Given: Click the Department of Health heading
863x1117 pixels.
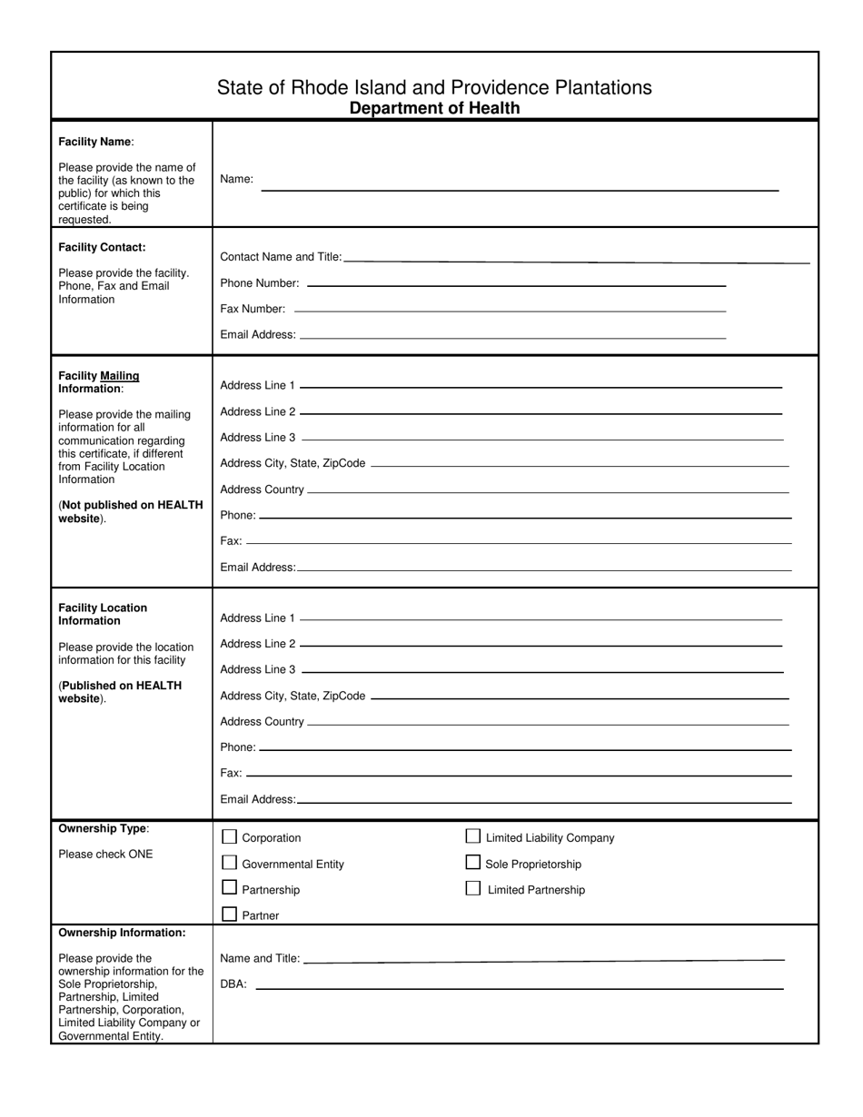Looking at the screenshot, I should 434,108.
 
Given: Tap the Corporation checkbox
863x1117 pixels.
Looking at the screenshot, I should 230,836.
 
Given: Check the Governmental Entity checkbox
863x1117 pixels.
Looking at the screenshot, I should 230,863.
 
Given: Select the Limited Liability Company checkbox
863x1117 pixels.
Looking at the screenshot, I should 473,836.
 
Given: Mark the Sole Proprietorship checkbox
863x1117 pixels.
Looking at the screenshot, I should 473,863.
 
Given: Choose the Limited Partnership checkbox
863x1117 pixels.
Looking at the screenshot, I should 473,888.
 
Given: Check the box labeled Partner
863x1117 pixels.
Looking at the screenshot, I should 230,914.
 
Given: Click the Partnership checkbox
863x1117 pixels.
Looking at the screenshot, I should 230,888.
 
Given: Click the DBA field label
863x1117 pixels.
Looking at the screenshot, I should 233,984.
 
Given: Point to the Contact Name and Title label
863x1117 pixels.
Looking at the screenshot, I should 281,257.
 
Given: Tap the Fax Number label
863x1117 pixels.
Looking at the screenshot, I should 253,309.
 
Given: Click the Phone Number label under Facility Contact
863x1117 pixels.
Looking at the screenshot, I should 260,282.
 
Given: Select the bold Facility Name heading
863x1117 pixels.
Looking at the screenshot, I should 95,142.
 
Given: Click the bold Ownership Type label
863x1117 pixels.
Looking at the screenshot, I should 103,828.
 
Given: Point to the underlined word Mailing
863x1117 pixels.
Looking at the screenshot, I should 120,375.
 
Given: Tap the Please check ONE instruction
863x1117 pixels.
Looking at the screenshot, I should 105,854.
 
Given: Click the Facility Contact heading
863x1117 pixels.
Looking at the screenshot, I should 102,247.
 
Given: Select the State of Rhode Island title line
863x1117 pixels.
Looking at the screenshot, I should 434,87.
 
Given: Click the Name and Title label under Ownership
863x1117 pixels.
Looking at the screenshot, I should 260,958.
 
